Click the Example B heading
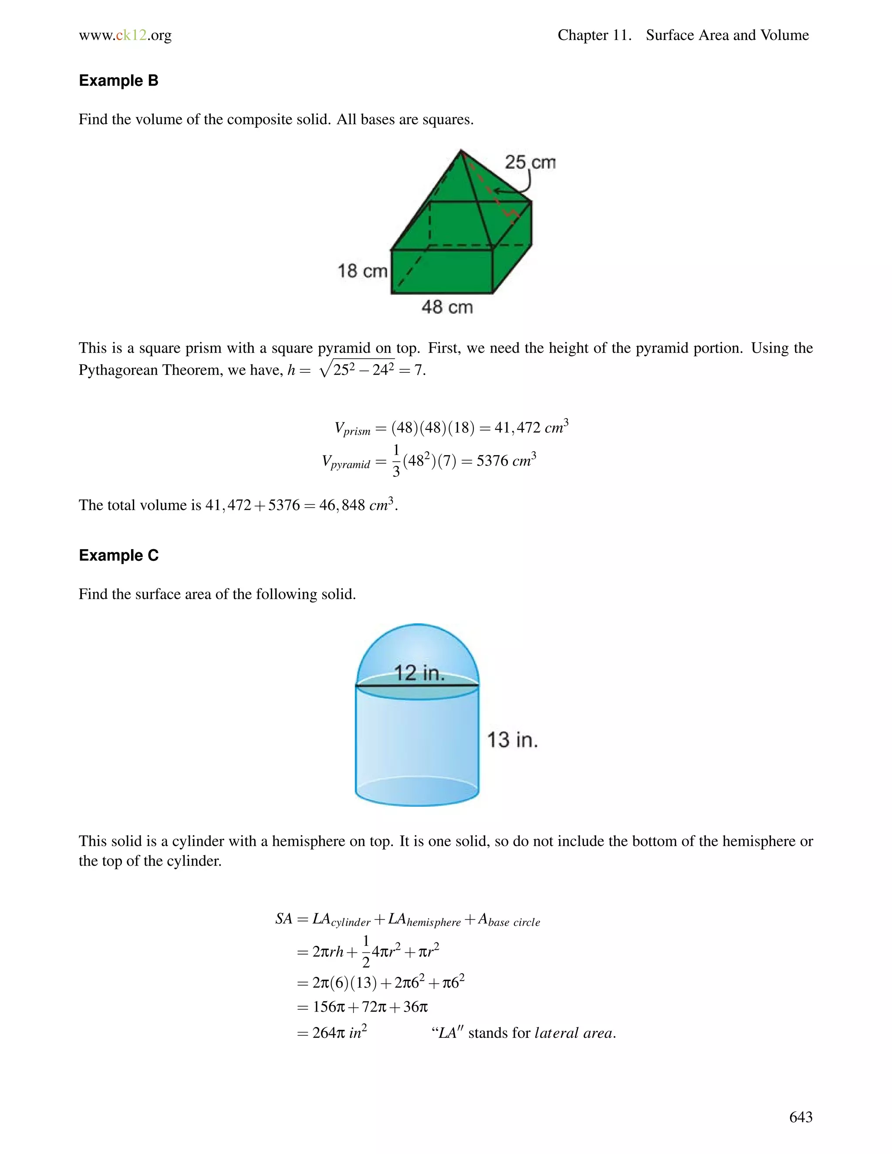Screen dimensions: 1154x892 point(118,81)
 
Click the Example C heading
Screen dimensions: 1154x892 point(118,555)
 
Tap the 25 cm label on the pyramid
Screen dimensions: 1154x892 point(530,162)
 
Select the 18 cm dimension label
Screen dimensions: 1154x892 point(362,271)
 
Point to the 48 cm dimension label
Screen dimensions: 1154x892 point(447,307)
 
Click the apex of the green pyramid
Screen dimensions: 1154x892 point(461,152)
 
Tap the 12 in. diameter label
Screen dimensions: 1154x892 point(419,673)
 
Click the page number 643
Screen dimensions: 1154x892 point(800,1117)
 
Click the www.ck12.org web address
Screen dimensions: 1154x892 point(125,35)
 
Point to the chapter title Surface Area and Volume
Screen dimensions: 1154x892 point(727,35)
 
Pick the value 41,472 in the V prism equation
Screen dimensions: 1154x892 point(517,428)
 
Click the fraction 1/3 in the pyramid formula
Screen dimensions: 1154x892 point(396,461)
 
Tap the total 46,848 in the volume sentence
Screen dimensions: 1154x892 point(342,506)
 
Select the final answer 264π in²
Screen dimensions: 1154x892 point(339,1033)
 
